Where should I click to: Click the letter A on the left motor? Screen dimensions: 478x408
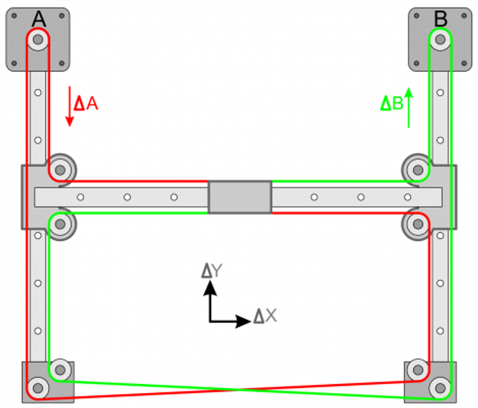pyautogui.click(x=39, y=19)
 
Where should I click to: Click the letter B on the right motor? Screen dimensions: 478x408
pyautogui.click(x=440, y=19)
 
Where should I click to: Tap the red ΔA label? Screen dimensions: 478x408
pyautogui.click(x=86, y=103)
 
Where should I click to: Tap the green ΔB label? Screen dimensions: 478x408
pyautogui.click(x=392, y=103)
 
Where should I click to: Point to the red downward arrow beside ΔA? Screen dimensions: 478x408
pyautogui.click(x=69, y=106)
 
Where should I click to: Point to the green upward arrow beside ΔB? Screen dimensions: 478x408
pyautogui.click(x=409, y=108)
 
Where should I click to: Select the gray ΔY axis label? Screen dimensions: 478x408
pyautogui.click(x=212, y=270)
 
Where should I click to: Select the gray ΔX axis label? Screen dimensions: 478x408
pyautogui.click(x=265, y=316)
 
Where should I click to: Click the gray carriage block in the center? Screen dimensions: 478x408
pyautogui.click(x=240, y=197)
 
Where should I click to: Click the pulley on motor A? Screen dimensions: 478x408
pyautogui.click(x=38, y=39)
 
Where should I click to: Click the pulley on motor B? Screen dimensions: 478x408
pyautogui.click(x=440, y=39)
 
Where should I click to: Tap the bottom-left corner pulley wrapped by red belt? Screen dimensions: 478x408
pyautogui.click(x=38, y=388)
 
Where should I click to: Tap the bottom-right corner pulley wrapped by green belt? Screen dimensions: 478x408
pyautogui.click(x=440, y=388)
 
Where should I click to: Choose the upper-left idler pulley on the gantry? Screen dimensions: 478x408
pyautogui.click(x=60, y=170)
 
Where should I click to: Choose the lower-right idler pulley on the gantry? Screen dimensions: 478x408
pyautogui.click(x=418, y=224)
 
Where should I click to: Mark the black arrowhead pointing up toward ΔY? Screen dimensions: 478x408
pyautogui.click(x=210, y=288)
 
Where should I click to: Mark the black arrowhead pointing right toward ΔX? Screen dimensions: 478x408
pyautogui.click(x=243, y=321)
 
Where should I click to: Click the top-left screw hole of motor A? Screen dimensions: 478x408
pyautogui.click(x=14, y=16)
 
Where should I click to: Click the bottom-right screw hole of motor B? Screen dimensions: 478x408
pyautogui.click(x=464, y=63)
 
